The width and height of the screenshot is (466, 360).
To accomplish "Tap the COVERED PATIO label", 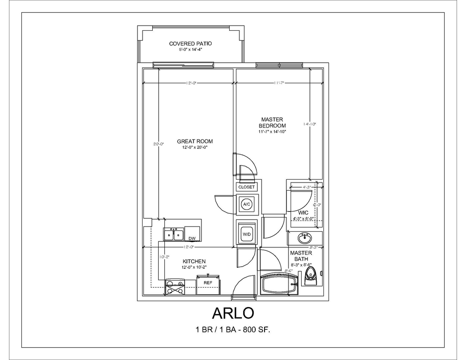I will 190,44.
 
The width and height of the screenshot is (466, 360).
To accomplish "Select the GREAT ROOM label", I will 195,142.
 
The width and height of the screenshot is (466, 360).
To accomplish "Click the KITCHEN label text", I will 194,261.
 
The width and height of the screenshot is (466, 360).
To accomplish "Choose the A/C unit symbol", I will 246,204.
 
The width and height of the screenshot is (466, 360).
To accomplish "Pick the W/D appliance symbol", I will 246,234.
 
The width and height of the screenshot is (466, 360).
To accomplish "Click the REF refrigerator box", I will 208,283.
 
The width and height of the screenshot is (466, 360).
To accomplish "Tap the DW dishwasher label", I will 192,238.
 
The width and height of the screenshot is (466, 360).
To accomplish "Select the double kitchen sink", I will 173,235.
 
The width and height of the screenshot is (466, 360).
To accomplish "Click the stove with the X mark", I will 175,287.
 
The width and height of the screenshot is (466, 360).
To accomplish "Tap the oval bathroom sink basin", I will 305,237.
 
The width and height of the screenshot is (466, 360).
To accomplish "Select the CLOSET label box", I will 246,187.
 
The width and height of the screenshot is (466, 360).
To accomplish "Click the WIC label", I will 303,212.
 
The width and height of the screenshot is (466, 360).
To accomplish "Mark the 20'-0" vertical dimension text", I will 158,144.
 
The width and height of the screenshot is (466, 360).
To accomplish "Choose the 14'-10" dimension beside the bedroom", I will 309,124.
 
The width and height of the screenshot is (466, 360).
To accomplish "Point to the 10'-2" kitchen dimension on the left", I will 164,257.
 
